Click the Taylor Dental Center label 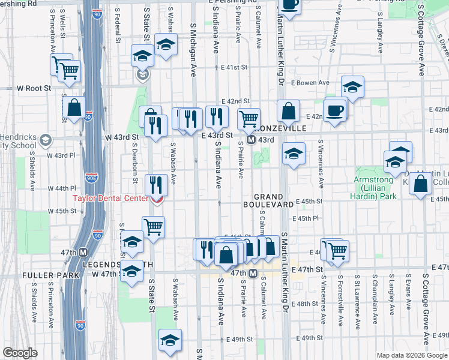coord(111,199)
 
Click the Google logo coord(20,353)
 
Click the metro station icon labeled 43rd coord(252,140)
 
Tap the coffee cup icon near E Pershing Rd coord(290,5)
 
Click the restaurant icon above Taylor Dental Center coord(156,184)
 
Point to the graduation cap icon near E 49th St coord(170,341)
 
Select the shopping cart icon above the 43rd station coord(249,119)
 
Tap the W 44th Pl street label coord(66,188)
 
